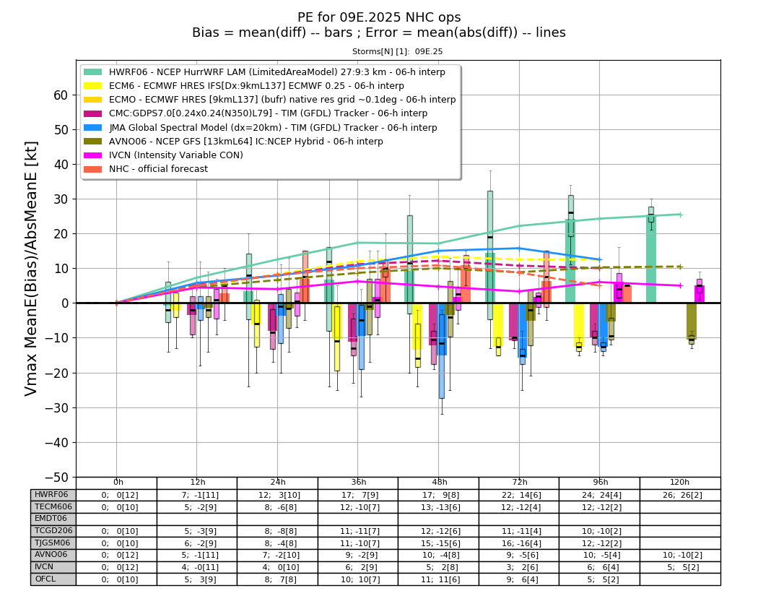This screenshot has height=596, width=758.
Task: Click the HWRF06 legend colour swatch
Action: pyautogui.click(x=93, y=72)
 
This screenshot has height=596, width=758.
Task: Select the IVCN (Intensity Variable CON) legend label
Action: pyautogui.click(x=176, y=155)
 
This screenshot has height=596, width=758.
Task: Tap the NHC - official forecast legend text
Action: pyautogui.click(x=158, y=169)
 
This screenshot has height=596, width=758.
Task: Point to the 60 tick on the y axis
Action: pyautogui.click(x=61, y=95)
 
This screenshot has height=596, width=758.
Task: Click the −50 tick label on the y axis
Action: pyautogui.click(x=56, y=477)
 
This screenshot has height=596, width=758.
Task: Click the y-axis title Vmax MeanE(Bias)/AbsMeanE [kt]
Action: pyautogui.click(x=30, y=269)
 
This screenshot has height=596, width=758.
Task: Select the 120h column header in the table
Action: pyautogui.click(x=680, y=482)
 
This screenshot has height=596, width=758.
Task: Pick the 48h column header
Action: pyautogui.click(x=439, y=482)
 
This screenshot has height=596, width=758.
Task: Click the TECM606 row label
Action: pyautogui.click(x=53, y=506)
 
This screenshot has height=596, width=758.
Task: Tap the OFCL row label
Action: pyautogui.click(x=45, y=579)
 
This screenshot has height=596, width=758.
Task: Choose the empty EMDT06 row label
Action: pyautogui.click(x=51, y=518)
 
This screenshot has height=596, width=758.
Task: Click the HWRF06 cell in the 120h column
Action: pyautogui.click(x=680, y=495)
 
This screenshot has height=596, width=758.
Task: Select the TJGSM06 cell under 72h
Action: pyautogui.click(x=519, y=543)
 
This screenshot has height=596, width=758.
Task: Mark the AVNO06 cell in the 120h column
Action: pyautogui.click(x=680, y=555)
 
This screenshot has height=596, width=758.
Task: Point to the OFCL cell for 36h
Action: pyautogui.click(x=358, y=579)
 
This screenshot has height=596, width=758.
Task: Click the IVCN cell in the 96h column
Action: pyautogui.click(x=600, y=567)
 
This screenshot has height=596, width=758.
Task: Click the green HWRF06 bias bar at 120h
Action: pyautogui.click(x=651, y=259)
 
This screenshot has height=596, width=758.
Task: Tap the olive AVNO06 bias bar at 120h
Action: pyautogui.click(x=692, y=321)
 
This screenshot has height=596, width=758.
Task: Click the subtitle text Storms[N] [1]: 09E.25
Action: pyautogui.click(x=397, y=51)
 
